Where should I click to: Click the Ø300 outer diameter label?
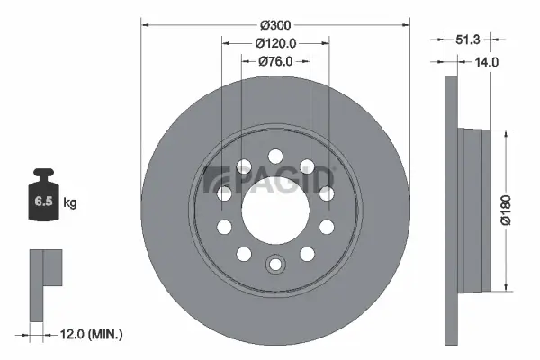[275, 22]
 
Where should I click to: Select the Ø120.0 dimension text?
[275, 42]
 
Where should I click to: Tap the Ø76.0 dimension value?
[275, 62]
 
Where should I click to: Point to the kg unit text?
[70, 203]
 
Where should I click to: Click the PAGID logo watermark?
[270, 183]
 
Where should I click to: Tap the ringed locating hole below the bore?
[275, 265]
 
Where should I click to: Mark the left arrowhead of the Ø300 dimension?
[144, 22]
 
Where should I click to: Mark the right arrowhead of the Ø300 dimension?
[407, 22]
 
